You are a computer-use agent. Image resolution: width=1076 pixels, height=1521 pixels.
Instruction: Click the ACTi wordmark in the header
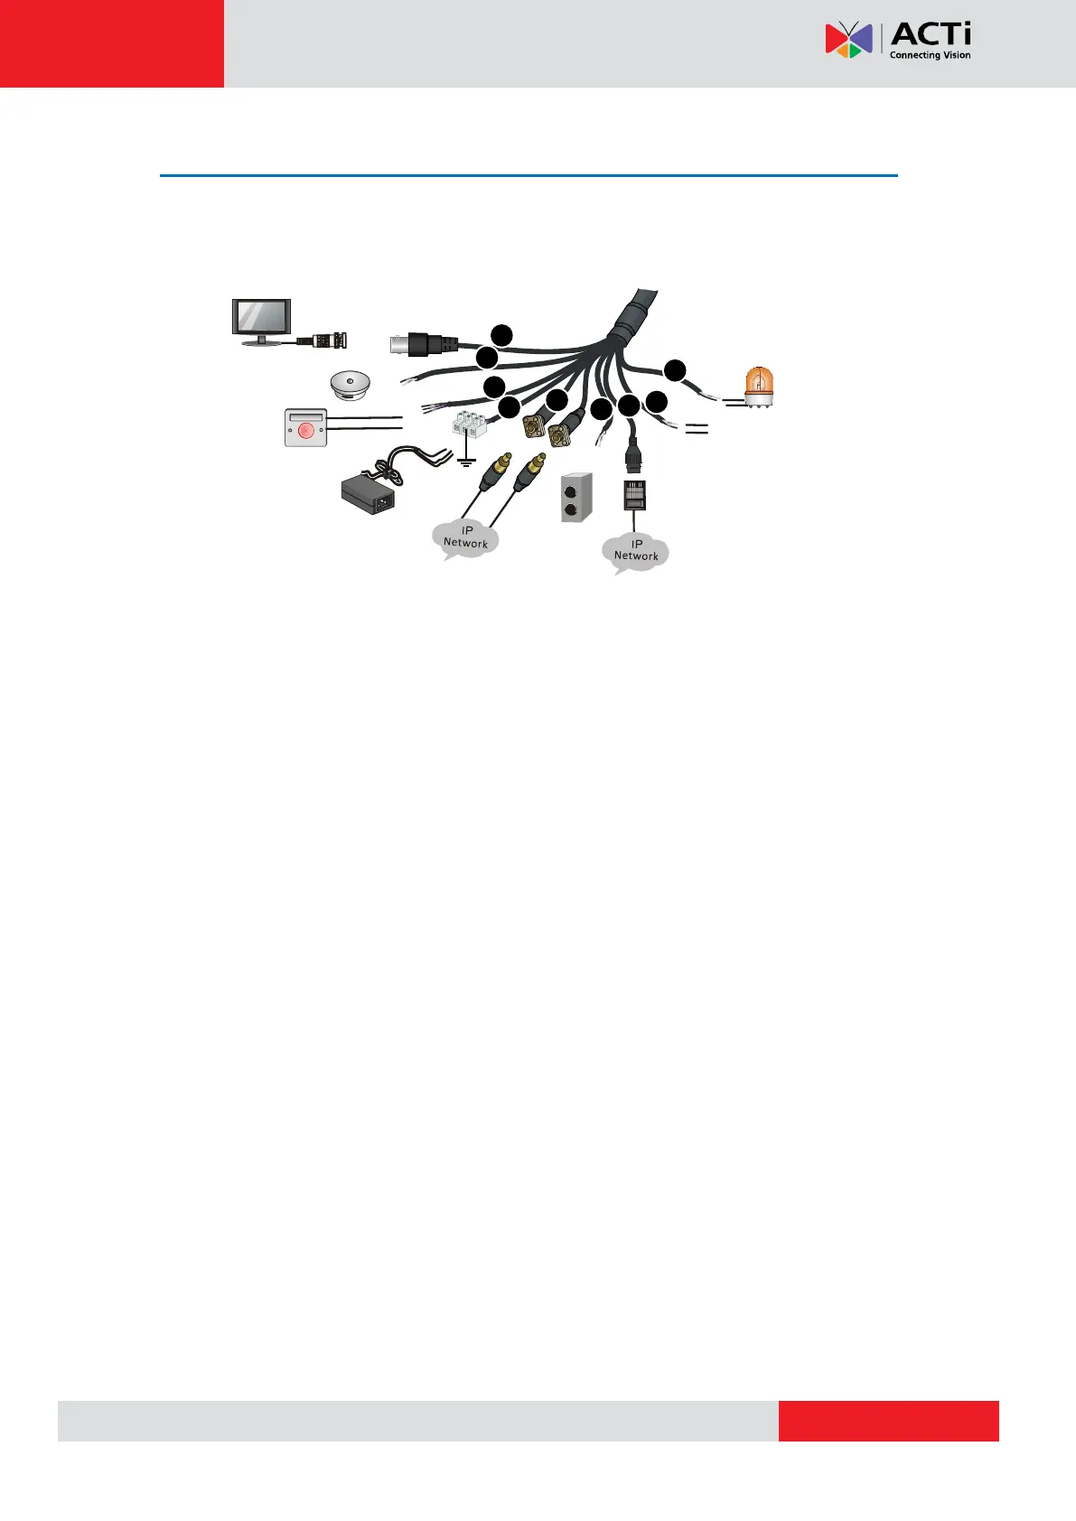tap(931, 35)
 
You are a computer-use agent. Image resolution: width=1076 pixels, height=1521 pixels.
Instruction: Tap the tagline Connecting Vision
tap(930, 55)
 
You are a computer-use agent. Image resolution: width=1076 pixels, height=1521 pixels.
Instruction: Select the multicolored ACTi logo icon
tap(848, 41)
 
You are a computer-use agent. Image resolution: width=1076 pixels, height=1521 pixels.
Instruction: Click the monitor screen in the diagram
tap(262, 318)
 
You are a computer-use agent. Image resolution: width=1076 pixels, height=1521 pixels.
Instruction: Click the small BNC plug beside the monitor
tap(327, 341)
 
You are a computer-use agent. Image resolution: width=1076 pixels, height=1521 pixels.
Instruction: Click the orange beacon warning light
tap(759, 388)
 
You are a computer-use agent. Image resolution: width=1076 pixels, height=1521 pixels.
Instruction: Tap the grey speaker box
tap(575, 496)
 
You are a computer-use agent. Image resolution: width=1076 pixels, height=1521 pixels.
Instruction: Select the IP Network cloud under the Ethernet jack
tap(636, 551)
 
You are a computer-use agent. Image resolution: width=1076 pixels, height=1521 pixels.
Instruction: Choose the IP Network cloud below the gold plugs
tap(465, 538)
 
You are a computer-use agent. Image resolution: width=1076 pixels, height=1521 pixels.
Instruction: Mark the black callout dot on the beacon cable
tap(675, 369)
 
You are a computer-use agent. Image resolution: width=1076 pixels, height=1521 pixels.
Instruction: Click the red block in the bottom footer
tap(888, 1421)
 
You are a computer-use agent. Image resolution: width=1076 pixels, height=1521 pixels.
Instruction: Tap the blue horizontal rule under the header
tap(529, 175)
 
